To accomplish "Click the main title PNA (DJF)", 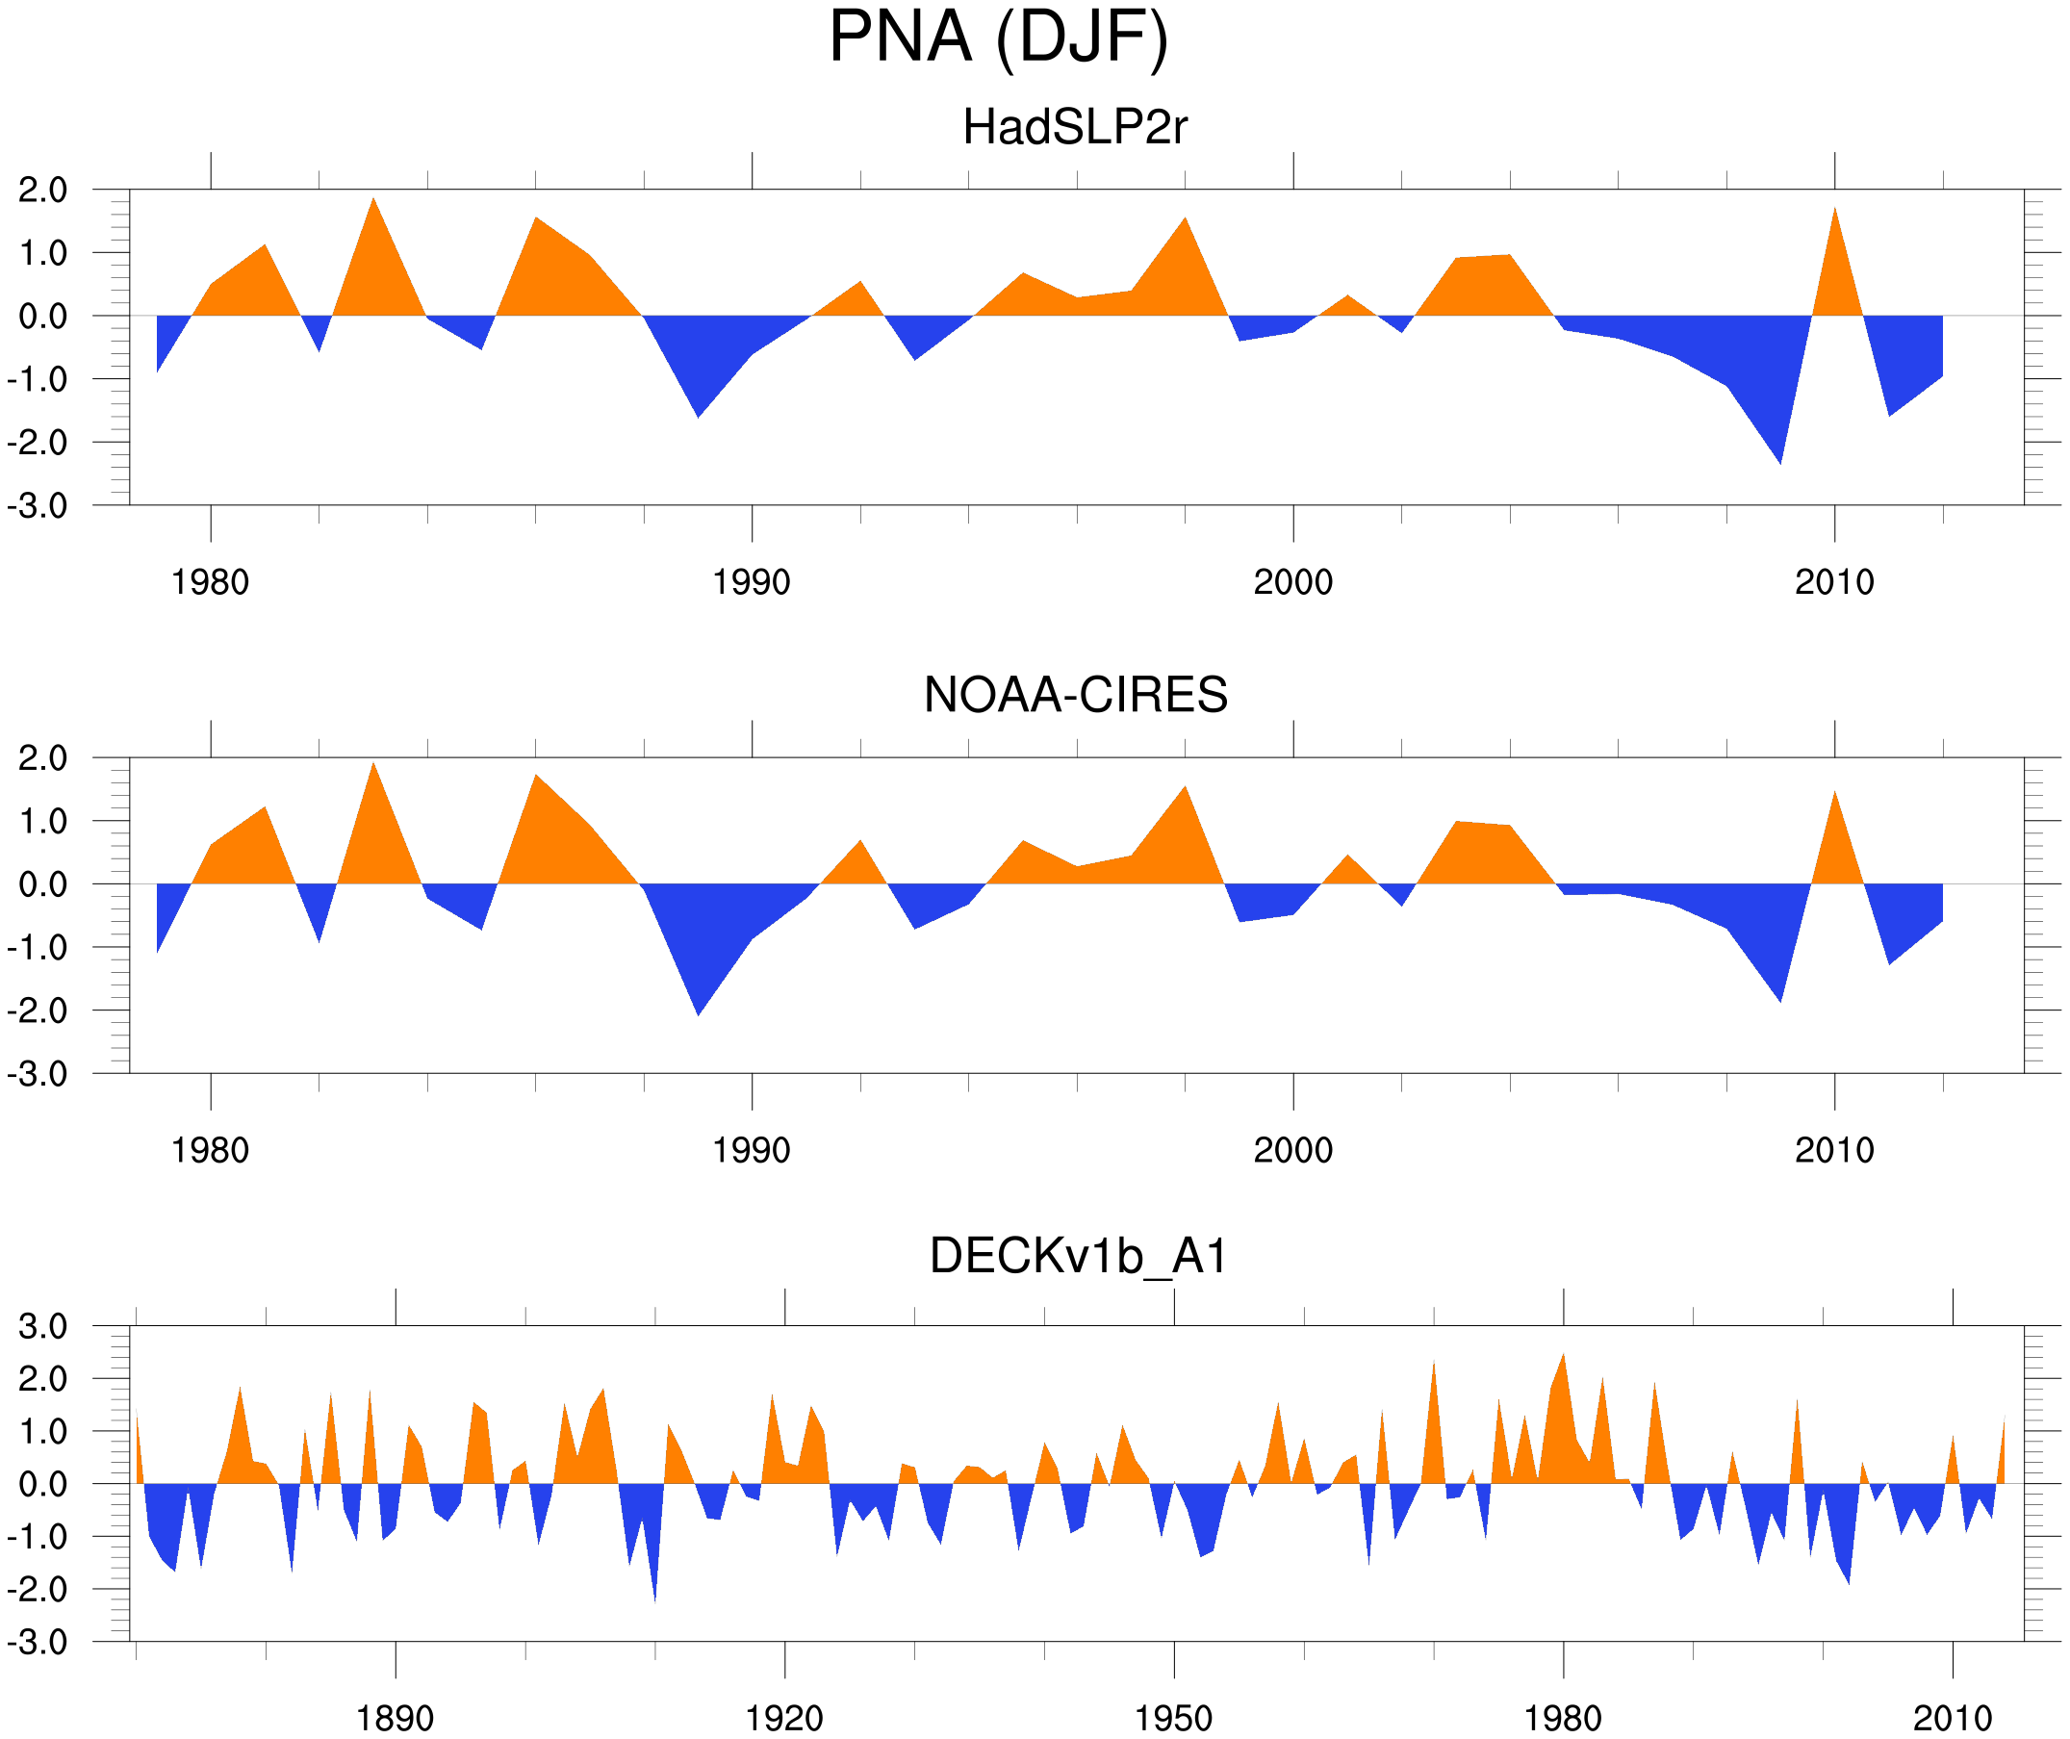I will (x=998, y=38).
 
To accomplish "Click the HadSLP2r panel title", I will (x=1074, y=127).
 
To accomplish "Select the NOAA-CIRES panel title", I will (x=1075, y=695).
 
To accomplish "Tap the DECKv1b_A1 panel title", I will (x=1079, y=1257).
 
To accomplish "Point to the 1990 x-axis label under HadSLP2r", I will (x=752, y=582).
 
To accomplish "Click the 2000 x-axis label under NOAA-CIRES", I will (x=1292, y=1150).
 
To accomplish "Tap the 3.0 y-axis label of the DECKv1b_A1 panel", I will (x=43, y=1327).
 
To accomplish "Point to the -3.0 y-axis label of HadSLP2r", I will (x=38, y=507).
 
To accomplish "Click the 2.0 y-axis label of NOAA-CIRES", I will (x=43, y=759).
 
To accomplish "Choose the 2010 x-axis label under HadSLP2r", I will (x=1833, y=582).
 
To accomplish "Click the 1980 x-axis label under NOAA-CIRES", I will (x=210, y=1150).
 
